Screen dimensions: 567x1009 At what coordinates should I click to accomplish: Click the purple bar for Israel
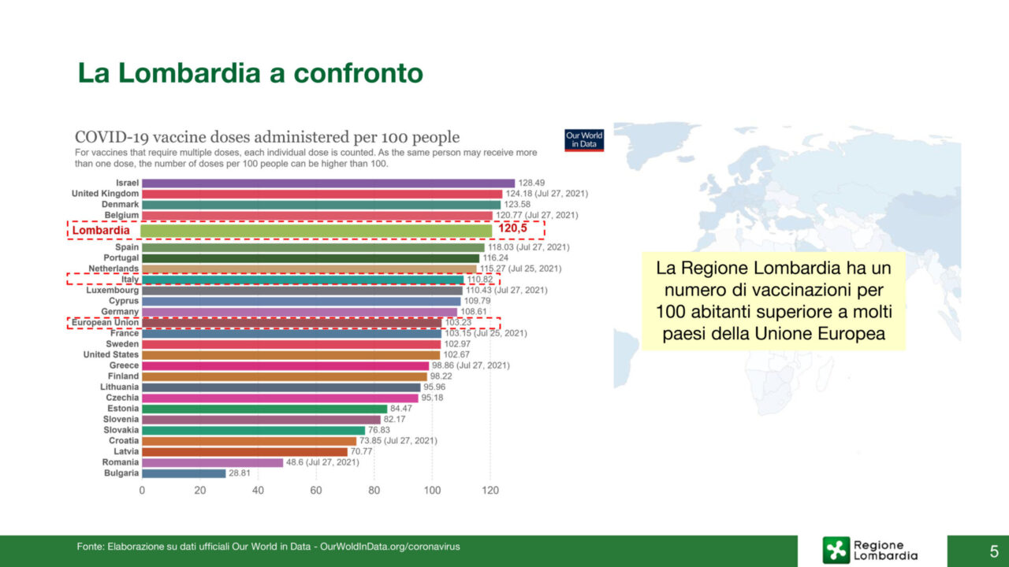click(328, 183)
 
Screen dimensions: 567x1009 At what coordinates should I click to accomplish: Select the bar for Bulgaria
click(184, 473)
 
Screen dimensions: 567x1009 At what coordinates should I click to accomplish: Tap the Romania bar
click(212, 462)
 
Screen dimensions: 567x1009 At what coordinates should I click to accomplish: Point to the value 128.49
click(532, 183)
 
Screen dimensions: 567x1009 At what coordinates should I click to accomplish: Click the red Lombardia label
click(101, 230)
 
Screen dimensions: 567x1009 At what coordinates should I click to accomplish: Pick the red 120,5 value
click(512, 229)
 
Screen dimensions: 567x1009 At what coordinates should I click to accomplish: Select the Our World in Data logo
click(584, 139)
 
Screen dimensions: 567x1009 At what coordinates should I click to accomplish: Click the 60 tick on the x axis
click(316, 491)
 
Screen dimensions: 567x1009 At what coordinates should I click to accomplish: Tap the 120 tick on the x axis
click(490, 491)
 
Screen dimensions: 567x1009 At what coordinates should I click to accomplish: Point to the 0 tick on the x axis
click(142, 491)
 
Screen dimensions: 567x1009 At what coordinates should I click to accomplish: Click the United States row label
click(111, 354)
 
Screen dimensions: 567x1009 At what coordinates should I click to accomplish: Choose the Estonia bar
click(264, 409)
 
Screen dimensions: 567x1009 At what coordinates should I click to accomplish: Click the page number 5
click(994, 550)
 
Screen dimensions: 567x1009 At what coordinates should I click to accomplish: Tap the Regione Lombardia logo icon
click(836, 550)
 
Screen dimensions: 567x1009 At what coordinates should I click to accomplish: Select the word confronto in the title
click(358, 73)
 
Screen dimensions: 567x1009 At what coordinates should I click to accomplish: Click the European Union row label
click(105, 322)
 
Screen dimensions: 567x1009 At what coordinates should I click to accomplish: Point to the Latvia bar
click(244, 451)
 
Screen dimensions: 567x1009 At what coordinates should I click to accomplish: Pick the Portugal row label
click(121, 258)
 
